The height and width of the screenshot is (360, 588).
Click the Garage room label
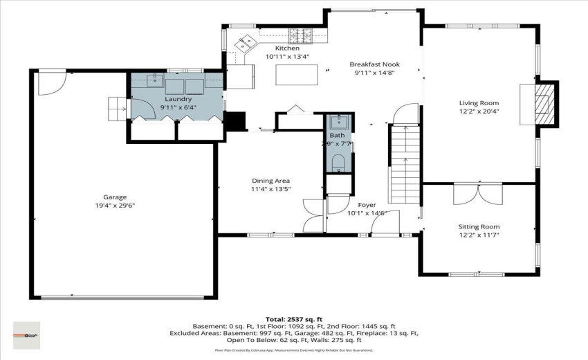[115, 197]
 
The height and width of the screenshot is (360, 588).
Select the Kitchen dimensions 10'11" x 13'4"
[287, 57]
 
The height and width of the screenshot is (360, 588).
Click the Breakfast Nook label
[374, 64]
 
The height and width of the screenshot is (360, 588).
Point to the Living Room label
[479, 102]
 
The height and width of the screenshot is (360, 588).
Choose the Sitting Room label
[479, 226]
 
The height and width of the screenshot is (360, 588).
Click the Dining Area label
[270, 180]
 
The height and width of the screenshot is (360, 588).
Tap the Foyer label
[367, 205]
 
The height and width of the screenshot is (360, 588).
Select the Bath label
[337, 136]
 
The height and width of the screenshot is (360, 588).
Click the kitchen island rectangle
[291, 74]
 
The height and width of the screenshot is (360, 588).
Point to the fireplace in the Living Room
[546, 104]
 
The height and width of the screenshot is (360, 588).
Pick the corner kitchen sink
[245, 44]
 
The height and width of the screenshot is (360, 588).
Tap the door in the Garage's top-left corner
[51, 83]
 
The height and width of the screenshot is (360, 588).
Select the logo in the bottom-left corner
[26, 335]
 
